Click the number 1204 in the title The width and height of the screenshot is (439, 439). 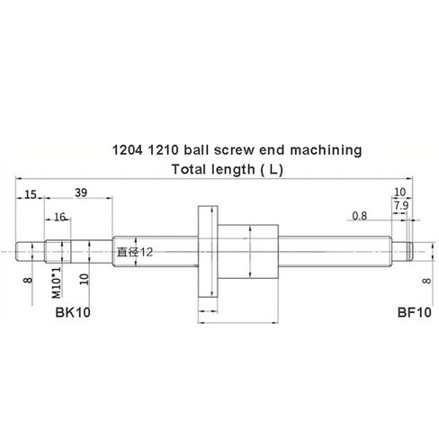pos(125,151)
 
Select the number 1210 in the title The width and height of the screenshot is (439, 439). pos(160,151)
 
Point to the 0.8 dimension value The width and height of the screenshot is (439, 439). pos(360,216)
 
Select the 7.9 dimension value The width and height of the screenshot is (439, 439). pos(401,207)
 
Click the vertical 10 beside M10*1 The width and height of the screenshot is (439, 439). pos(84,279)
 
